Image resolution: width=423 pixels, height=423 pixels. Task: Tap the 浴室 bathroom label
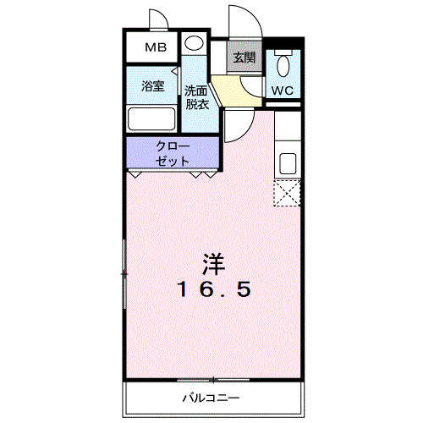point(152,85)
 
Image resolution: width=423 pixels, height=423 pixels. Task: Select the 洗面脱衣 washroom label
point(197,98)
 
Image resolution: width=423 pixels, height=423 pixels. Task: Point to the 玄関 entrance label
point(244,58)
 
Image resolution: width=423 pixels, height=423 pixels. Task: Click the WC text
point(282,90)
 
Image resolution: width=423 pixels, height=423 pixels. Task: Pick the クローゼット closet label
point(173,152)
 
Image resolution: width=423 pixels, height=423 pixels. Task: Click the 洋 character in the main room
point(214,263)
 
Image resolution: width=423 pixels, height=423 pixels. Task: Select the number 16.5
point(213,290)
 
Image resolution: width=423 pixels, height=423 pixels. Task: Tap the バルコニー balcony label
point(211,397)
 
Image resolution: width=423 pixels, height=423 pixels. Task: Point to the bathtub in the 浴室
point(152,118)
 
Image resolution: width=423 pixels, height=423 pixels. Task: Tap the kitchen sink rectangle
point(287,162)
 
